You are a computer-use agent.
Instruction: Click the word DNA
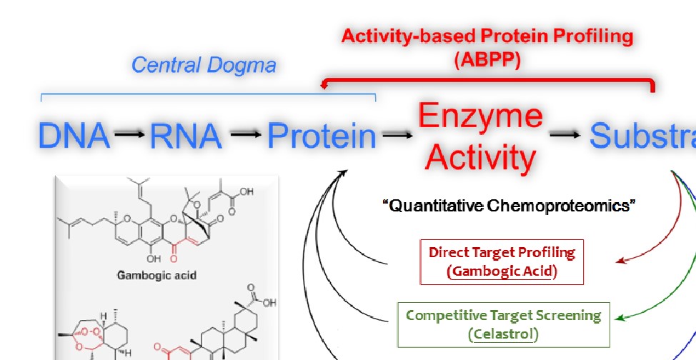click(x=73, y=136)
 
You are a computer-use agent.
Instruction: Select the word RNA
click(x=185, y=136)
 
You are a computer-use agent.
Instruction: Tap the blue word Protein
click(x=322, y=136)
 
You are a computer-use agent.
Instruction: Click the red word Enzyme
click(x=480, y=116)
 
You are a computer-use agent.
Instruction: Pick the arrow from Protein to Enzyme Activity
click(x=397, y=134)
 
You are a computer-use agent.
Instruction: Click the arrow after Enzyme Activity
click(x=565, y=134)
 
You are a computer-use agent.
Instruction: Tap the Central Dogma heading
click(x=204, y=66)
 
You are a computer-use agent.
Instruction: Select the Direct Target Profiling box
click(x=502, y=261)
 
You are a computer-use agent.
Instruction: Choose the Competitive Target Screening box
click(x=504, y=324)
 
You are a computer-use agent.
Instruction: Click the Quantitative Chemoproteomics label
click(x=509, y=206)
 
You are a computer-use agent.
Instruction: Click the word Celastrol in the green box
click(x=504, y=334)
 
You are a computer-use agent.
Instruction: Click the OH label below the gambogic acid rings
click(x=154, y=259)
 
